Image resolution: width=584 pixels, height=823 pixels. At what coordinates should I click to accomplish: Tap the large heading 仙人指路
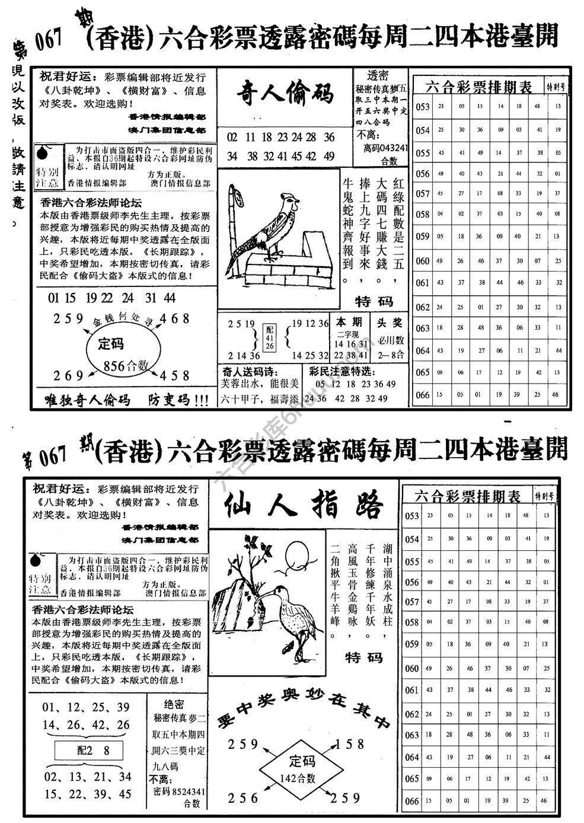(303, 506)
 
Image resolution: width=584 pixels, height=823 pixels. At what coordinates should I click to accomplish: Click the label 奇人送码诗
(248, 372)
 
